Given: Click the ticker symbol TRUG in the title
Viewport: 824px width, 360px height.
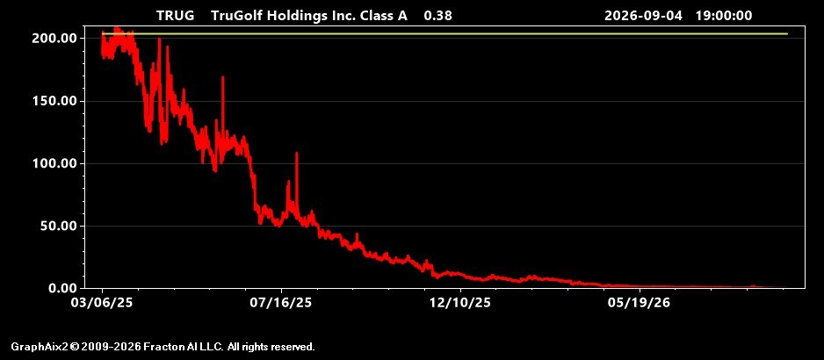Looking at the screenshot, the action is [x=175, y=16].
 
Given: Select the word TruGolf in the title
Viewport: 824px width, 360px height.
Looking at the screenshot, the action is [x=237, y=16].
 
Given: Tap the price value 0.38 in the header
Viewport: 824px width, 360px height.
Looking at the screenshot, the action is [x=437, y=16].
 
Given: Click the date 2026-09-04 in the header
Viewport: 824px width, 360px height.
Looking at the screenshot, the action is [x=643, y=16].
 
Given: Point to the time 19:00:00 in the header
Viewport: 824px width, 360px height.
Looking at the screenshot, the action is [x=724, y=16].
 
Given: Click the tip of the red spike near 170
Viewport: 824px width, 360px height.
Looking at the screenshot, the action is [x=223, y=76].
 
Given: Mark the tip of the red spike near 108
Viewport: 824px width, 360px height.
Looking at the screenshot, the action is [x=297, y=153].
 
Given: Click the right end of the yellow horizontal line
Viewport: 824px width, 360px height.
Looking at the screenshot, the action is [x=787, y=33].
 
